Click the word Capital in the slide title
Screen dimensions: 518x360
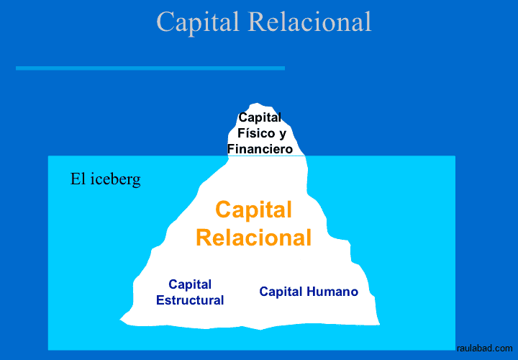199,22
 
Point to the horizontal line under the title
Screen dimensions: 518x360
150,68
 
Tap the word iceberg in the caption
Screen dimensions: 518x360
117,179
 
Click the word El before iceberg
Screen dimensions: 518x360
78,179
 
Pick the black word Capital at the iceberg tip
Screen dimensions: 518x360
260,117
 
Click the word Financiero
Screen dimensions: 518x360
260,149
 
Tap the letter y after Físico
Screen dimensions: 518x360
282,135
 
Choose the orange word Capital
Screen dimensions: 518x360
253,210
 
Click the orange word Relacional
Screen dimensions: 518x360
253,238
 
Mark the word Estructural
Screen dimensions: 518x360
190,300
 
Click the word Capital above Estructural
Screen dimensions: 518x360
190,284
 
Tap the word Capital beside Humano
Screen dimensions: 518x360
281,292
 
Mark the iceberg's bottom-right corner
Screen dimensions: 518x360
378,324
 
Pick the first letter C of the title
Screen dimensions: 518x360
165,22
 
